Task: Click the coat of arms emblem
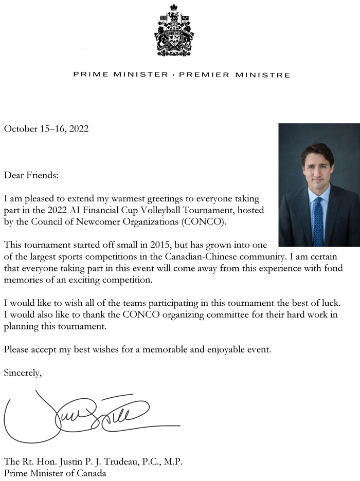[174, 30]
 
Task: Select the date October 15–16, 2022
[46, 129]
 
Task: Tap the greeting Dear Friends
[31, 175]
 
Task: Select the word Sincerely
[23, 373]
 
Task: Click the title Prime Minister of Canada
[55, 473]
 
